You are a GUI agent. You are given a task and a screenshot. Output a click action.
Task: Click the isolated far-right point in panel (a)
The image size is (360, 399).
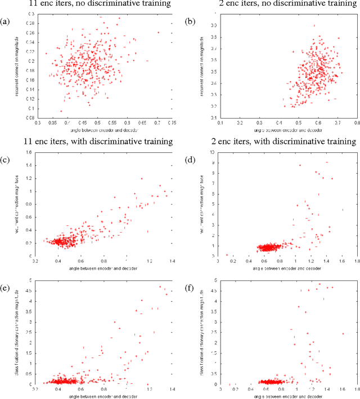(x=158, y=33)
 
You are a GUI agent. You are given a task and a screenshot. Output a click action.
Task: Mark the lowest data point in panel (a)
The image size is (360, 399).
(x=61, y=111)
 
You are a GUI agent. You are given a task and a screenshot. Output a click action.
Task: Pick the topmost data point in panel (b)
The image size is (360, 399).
(x=314, y=25)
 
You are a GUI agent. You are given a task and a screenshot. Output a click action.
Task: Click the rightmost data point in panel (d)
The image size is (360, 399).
(x=343, y=210)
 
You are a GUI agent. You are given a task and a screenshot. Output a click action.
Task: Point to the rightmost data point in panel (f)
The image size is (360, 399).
(x=343, y=333)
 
